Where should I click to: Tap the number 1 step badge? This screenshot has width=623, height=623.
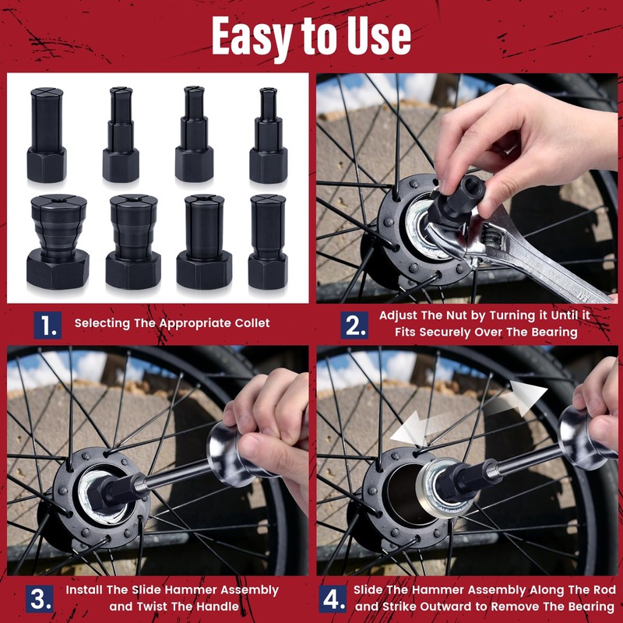(49, 323)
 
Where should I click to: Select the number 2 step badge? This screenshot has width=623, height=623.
(354, 323)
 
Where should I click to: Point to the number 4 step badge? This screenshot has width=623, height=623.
(332, 599)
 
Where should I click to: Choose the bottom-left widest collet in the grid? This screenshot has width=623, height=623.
(57, 241)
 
